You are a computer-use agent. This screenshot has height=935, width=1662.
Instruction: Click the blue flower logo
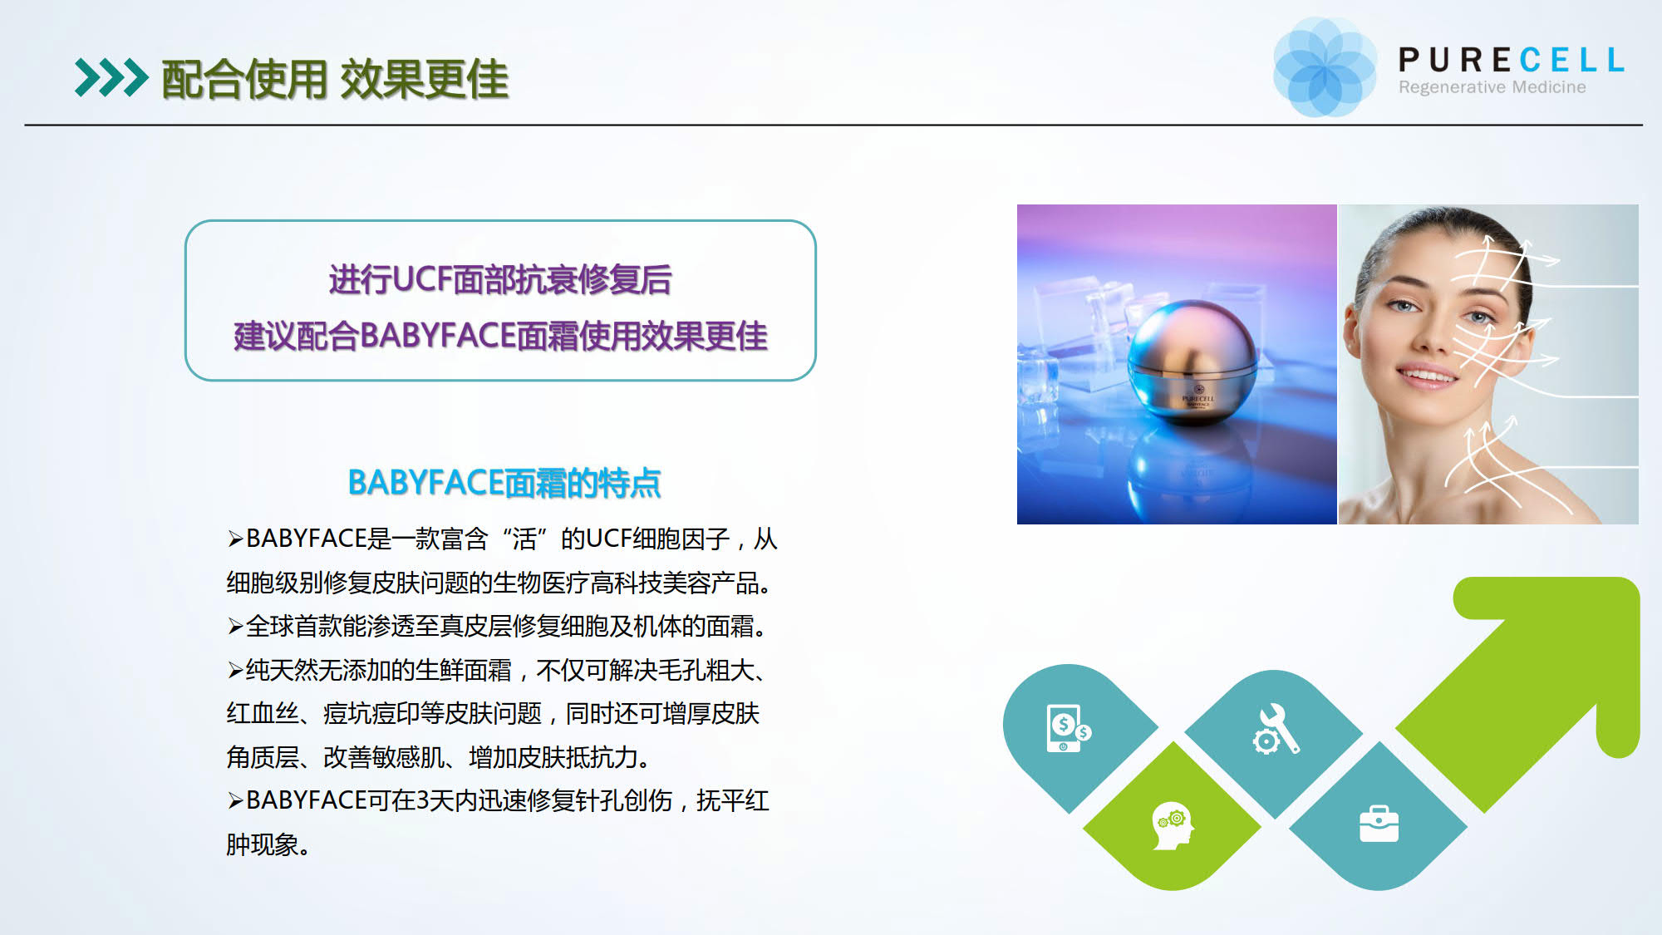pos(1325,67)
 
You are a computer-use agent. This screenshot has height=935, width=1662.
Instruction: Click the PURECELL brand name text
pos(1512,60)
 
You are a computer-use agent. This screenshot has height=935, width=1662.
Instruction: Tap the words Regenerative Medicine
pos(1492,87)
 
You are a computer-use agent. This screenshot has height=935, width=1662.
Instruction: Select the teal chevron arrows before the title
pos(111,78)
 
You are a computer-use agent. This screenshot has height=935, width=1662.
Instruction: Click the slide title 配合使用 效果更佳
pos(335,80)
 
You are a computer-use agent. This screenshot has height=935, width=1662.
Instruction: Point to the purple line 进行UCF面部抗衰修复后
pos(500,279)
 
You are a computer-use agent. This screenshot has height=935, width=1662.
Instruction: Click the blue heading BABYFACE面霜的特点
pos(504,483)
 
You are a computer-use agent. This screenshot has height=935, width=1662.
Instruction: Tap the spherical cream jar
pos(1193,362)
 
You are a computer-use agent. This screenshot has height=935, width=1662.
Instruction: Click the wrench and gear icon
pos(1276,729)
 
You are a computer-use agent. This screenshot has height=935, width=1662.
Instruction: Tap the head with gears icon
pos(1173,825)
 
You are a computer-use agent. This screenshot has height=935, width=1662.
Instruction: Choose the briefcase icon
pos(1379,824)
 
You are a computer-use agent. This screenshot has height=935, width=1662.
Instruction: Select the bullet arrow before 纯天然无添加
pos(235,671)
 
